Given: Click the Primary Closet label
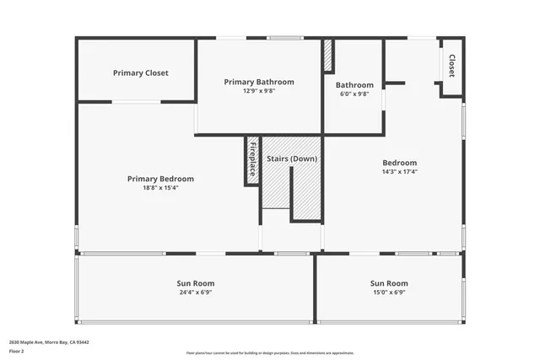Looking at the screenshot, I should click(141, 73).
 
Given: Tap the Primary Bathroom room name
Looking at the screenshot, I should click(259, 82).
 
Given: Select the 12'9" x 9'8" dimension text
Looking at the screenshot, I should click(259, 91).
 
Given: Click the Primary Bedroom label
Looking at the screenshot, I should click(160, 179).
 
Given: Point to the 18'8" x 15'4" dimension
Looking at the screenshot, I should click(160, 188).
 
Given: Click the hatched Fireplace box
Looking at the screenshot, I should click(252, 159).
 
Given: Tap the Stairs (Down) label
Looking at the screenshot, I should click(292, 159).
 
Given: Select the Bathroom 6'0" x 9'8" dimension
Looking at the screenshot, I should click(354, 94).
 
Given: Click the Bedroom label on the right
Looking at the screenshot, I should click(400, 163).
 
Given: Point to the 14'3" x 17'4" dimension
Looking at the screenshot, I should click(400, 172).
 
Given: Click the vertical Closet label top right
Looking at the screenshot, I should click(451, 66).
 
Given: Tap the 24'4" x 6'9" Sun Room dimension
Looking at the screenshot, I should click(197, 293).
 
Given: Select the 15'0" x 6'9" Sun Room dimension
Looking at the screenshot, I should click(389, 293).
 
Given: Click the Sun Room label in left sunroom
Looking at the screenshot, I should click(197, 283).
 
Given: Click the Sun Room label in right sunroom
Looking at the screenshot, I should click(389, 283).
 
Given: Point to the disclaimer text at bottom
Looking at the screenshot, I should click(270, 353).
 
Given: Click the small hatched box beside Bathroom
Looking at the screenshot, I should click(328, 56).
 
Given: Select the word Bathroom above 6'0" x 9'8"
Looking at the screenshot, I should click(354, 85).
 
